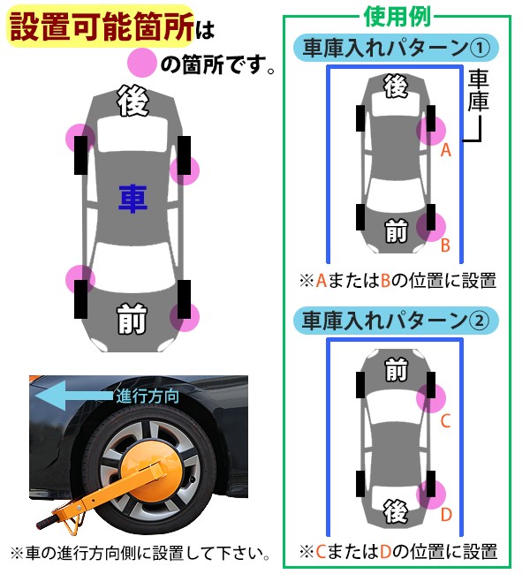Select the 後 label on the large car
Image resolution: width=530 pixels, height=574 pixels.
click(x=132, y=102)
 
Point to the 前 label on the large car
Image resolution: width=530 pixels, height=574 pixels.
click(x=132, y=320)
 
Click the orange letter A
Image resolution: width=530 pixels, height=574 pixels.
click(x=446, y=151)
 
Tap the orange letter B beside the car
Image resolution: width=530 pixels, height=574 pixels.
click(x=446, y=245)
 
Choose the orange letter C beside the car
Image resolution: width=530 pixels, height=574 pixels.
click(x=446, y=421)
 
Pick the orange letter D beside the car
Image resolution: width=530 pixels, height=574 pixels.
click(x=446, y=514)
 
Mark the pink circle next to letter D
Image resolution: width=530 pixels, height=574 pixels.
click(x=432, y=495)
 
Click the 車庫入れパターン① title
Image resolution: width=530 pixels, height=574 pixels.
click(x=395, y=49)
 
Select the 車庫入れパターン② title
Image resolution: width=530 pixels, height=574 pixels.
click(x=395, y=319)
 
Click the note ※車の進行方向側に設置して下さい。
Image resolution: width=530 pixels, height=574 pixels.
click(x=140, y=554)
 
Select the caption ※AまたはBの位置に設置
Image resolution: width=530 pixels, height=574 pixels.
click(x=397, y=282)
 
